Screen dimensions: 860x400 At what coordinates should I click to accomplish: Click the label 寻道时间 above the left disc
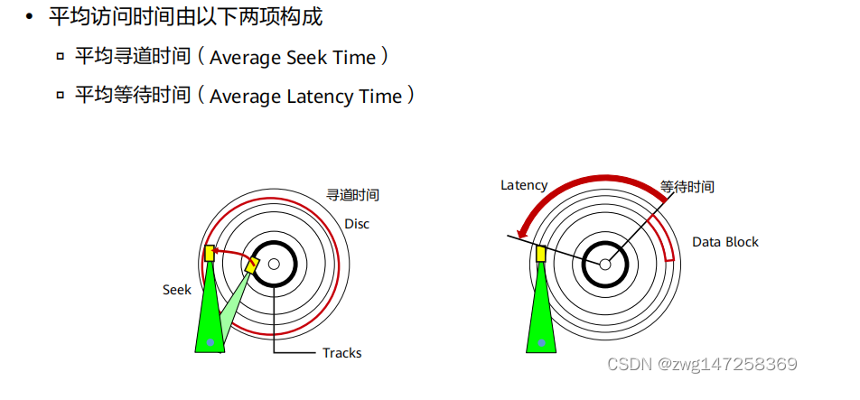352,194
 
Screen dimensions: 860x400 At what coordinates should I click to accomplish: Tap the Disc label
357,223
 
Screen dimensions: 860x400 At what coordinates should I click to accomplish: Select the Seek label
177,290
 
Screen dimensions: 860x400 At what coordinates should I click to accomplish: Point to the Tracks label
341,352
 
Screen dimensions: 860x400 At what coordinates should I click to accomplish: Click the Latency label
524,185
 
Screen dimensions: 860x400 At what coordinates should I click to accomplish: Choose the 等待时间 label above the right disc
687,187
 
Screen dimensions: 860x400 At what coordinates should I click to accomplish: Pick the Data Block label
725,242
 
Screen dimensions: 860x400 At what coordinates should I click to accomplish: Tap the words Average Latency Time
305,97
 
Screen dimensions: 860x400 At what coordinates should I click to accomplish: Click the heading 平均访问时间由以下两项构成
185,17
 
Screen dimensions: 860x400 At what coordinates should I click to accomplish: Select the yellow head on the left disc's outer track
210,254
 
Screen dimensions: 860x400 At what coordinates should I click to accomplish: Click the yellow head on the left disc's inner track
253,263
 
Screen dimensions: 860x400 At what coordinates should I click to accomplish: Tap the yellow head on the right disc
541,254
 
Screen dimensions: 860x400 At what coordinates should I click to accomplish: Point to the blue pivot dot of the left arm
210,342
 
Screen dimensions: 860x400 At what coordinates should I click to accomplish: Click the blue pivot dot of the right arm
541,342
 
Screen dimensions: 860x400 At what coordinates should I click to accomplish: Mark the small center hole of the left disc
274,264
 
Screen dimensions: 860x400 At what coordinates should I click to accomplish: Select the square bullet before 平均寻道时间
61,57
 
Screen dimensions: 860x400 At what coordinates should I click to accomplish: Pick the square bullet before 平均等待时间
61,95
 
